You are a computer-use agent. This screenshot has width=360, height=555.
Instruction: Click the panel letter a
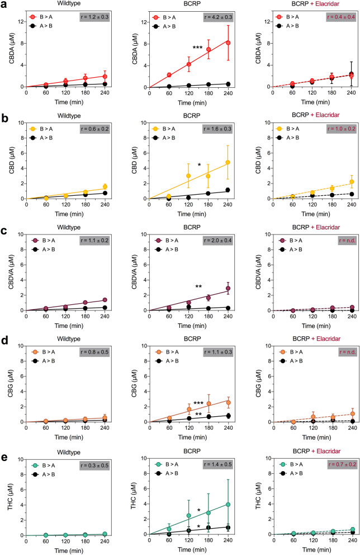[4, 4]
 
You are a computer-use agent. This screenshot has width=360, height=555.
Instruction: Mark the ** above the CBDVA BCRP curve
[198, 286]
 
